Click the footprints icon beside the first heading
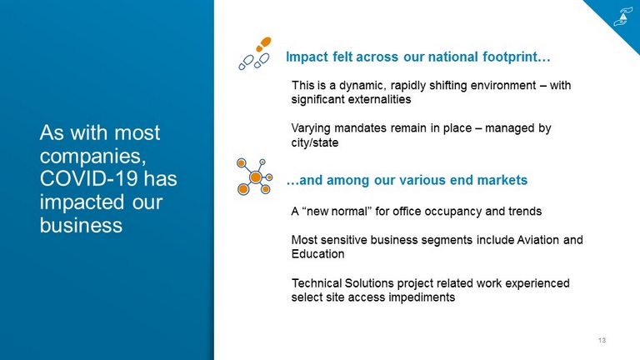pyautogui.click(x=255, y=53)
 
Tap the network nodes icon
pyautogui.click(x=254, y=177)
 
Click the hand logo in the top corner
pyautogui.click(x=622, y=17)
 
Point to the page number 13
pyautogui.click(x=602, y=340)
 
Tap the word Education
pyautogui.click(x=318, y=254)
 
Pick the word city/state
pyautogui.click(x=315, y=142)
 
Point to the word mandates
pyautogui.click(x=360, y=128)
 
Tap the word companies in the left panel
pyautogui.click(x=92, y=157)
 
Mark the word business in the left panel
pyautogui.click(x=81, y=225)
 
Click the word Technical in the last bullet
pyautogui.click(x=317, y=283)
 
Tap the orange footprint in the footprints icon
pyautogui.click(x=263, y=43)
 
